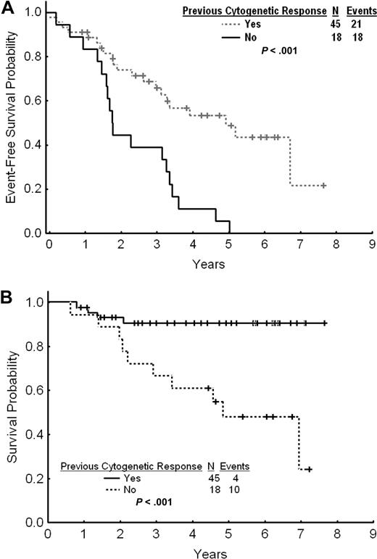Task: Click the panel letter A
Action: pos(7,7)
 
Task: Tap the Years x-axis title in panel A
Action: pos(209,264)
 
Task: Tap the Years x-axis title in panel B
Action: pos(209,553)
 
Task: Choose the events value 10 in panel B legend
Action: pos(233,490)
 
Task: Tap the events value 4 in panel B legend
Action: pos(233,478)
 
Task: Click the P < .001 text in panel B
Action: pos(154,502)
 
